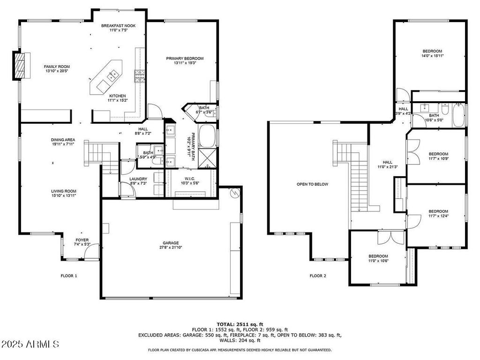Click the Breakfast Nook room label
(x=118, y=26)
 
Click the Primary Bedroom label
(x=185, y=59)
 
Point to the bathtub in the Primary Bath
(x=207, y=136)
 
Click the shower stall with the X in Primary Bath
(x=207, y=158)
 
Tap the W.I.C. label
(x=190, y=179)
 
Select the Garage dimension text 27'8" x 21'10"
(x=171, y=247)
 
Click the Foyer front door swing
(x=91, y=251)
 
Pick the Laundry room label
(x=138, y=179)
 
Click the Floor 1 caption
(x=69, y=276)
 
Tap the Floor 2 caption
(x=318, y=276)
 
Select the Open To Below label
(x=312, y=184)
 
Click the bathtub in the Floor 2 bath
(x=458, y=115)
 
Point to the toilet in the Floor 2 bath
(x=445, y=109)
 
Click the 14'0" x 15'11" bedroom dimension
(x=432, y=56)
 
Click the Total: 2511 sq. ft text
(x=240, y=324)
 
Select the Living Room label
(x=64, y=191)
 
